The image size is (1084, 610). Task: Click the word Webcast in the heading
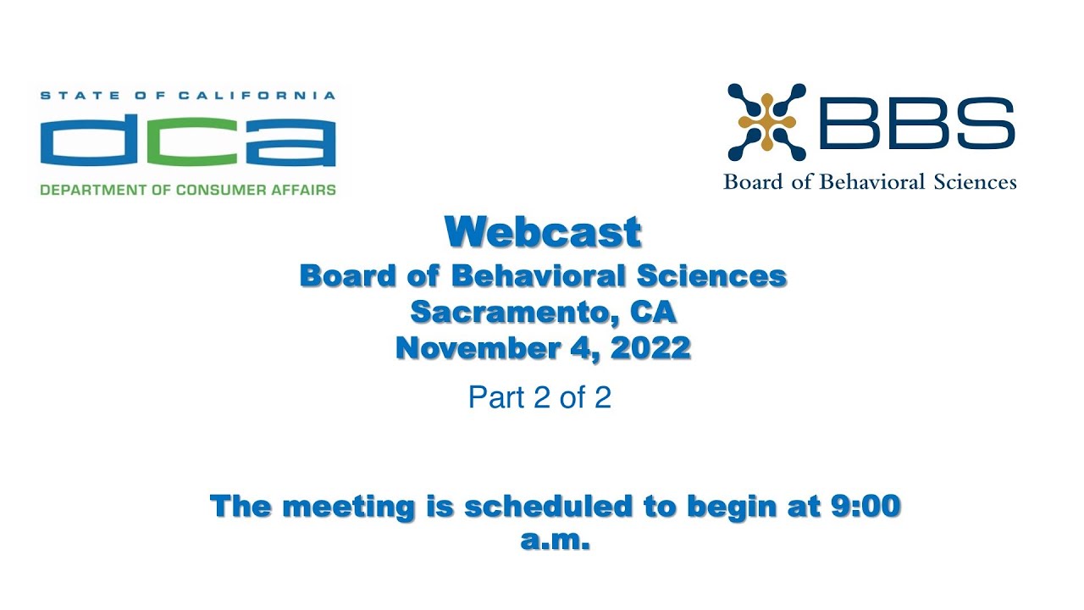tap(543, 232)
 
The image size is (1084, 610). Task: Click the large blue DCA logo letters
tap(187, 141)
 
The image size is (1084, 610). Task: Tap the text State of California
tap(187, 96)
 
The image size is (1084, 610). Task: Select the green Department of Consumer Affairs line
tap(187, 190)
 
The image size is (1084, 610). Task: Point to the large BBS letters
tap(917, 123)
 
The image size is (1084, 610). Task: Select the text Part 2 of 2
tap(539, 397)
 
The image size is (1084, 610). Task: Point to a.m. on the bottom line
tap(554, 541)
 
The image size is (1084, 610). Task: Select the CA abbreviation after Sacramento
tap(653, 312)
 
